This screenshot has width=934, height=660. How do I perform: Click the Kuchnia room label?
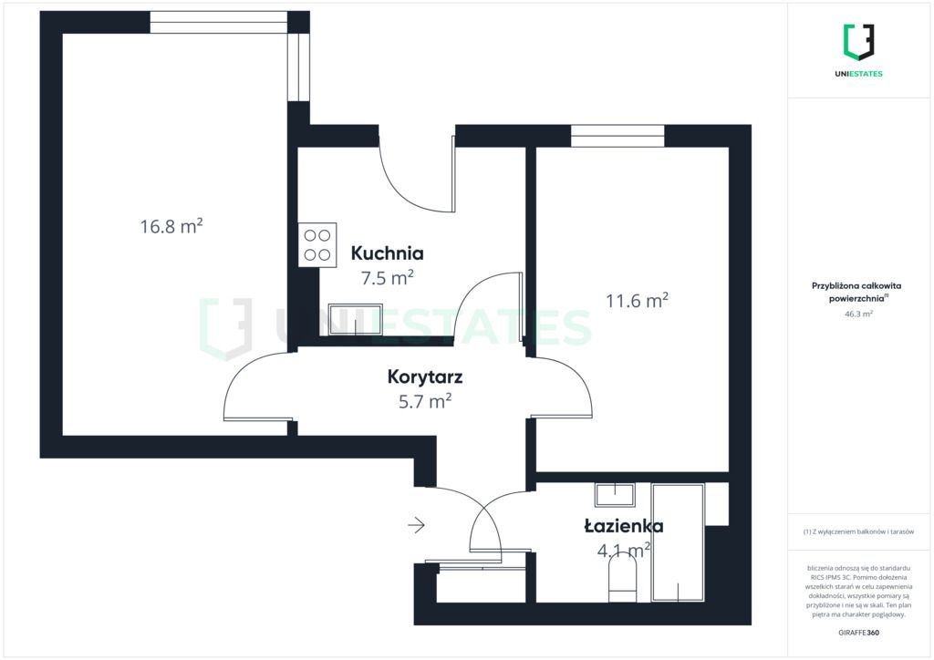pos(387,253)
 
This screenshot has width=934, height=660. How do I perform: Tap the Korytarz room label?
pos(425,376)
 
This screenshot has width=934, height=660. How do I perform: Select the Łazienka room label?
pos(624,525)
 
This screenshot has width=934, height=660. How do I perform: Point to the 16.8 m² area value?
pos(171,226)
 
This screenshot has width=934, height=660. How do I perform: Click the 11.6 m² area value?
pos(637,301)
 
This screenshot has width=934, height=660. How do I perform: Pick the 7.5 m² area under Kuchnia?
pos(387,278)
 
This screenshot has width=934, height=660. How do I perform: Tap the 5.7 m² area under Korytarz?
pos(425,402)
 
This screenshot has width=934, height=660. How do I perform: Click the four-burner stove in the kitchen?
pos(317,245)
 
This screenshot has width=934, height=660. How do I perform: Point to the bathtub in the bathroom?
pos(679,542)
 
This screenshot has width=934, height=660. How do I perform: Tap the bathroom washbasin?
pos(615,495)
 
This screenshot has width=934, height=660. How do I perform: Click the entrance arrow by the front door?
pos(416,525)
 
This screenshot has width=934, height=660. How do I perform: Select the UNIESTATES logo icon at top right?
pos(859,42)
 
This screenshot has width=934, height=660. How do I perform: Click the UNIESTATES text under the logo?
pos(859,74)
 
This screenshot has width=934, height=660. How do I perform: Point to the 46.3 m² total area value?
pos(859,314)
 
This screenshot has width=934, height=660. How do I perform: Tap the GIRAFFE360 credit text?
pos(859,633)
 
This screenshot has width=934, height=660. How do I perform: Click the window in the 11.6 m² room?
pos(617,136)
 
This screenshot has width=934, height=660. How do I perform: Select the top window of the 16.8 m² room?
pos(219,23)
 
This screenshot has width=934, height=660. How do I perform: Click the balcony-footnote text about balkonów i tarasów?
pos(859,532)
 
